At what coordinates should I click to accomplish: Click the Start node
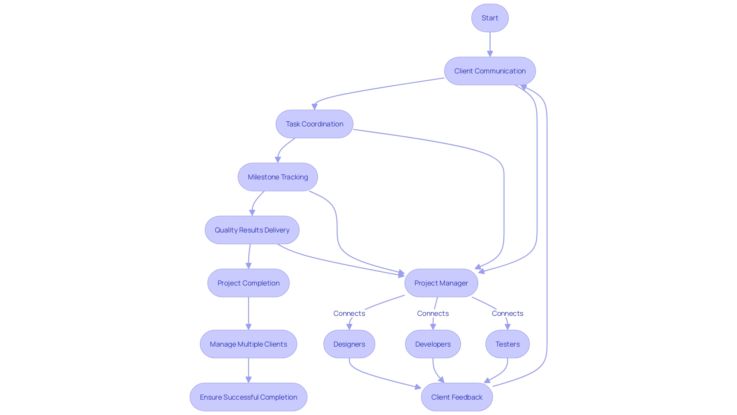point(490,18)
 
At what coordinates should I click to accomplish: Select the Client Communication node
point(490,71)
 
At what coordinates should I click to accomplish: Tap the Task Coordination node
point(314,124)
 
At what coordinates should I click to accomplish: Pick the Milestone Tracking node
point(278,177)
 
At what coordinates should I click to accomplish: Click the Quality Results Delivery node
point(252,230)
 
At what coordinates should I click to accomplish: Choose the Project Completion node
point(248,283)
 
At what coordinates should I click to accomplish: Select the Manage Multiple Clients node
point(248,344)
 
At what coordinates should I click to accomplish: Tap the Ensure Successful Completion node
point(248,397)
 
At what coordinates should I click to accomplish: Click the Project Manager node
point(441,283)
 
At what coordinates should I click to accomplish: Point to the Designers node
point(349,344)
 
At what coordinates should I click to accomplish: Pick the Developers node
point(433,344)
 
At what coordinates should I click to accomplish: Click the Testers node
point(507,344)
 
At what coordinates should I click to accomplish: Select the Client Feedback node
point(457,397)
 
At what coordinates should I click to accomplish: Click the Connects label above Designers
point(349,314)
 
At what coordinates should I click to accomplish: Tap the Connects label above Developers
point(433,314)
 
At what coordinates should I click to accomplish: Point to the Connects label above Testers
point(507,314)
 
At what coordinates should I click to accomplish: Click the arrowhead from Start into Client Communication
point(490,54)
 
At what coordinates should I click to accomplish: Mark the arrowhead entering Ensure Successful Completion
point(248,380)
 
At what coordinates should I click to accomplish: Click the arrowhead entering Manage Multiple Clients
point(248,327)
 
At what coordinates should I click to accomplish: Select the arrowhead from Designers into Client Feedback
point(418,387)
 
